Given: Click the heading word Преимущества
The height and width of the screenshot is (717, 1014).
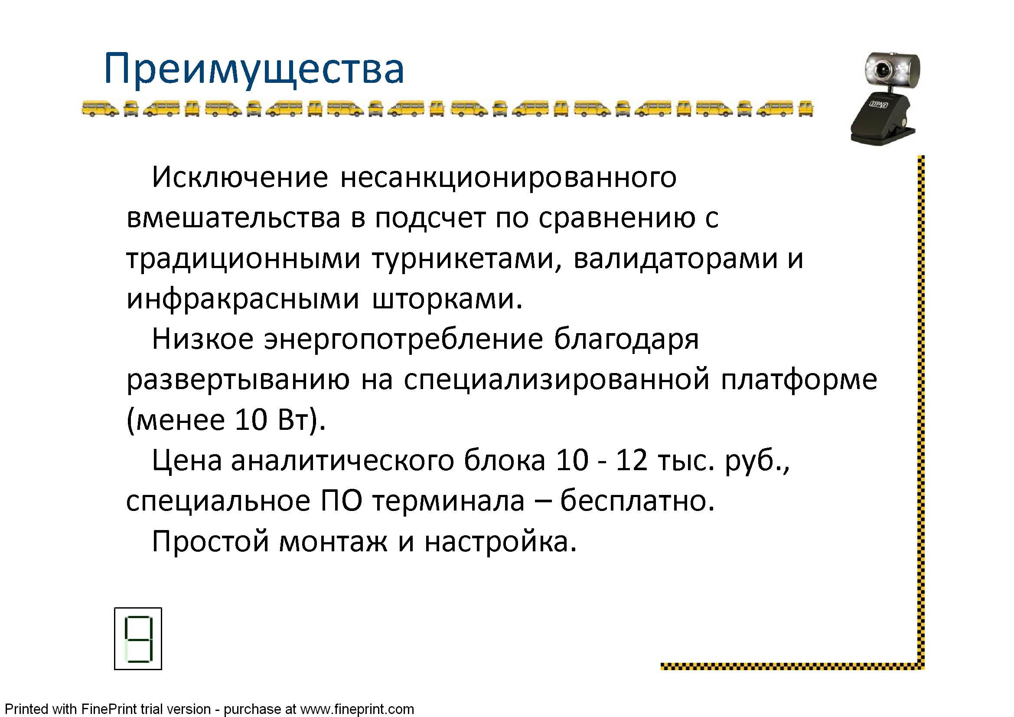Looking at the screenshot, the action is (x=254, y=70).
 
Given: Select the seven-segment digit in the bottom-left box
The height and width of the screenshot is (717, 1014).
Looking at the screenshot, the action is (x=138, y=639).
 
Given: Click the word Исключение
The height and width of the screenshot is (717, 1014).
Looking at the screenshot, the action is (x=240, y=177).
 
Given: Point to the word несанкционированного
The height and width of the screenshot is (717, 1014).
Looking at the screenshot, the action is (x=509, y=178).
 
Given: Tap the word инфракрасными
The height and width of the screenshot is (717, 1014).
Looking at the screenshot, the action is (x=243, y=300).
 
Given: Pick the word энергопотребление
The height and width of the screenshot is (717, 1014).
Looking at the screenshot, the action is (x=403, y=340).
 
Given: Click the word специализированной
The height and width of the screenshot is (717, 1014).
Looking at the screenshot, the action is (x=557, y=380).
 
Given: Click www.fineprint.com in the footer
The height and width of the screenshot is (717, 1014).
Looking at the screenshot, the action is (x=357, y=709).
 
